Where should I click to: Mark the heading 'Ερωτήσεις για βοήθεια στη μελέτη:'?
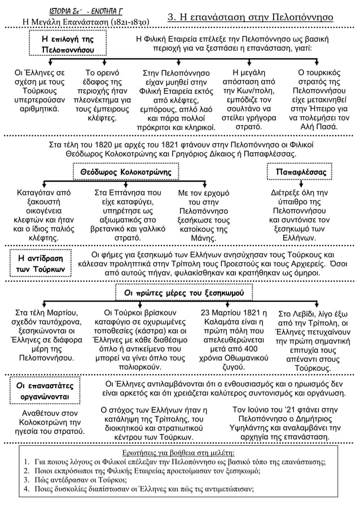click(179, 452)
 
